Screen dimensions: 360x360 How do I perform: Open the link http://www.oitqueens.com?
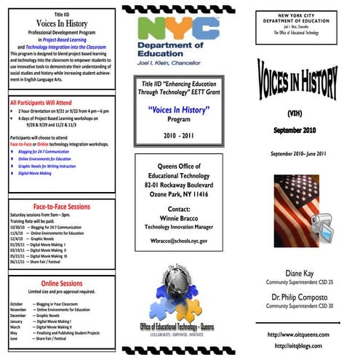[x=299, y=334]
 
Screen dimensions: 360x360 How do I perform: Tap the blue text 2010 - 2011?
[x=179, y=135]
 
